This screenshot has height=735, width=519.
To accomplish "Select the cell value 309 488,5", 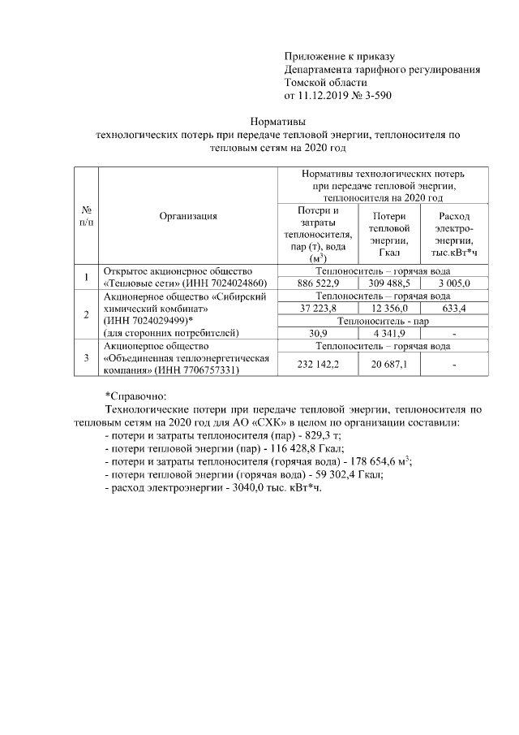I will coord(390,283).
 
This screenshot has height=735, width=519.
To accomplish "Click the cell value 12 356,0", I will coord(390,309).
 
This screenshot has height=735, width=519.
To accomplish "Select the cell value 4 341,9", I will coord(390,333).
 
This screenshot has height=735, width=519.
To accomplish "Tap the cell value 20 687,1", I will coord(390,366).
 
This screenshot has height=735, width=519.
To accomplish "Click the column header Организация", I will coord(187,216).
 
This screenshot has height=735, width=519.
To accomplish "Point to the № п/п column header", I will coord(86,216).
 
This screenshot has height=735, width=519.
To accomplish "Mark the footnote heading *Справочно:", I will coord(135,396).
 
